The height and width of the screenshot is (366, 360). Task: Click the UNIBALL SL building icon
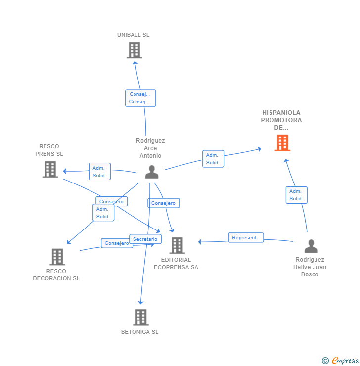[134, 50]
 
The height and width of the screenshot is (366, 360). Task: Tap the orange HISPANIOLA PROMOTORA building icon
[282, 142]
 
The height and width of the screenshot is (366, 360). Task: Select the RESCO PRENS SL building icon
[50, 169]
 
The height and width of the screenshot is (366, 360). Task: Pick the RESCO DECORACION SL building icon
[57, 257]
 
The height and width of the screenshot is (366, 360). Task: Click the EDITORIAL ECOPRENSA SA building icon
[177, 245]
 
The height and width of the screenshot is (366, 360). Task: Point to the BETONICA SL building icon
[141, 317]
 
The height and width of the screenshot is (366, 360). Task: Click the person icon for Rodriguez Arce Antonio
[152, 172]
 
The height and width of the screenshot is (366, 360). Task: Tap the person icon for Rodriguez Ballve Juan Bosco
[311, 246]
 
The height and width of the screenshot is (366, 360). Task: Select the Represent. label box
[246, 237]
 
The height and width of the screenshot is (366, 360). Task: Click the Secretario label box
[145, 239]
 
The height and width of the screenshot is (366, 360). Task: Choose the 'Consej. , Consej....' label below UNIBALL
[140, 98]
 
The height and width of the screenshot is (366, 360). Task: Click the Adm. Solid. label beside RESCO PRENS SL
[99, 172]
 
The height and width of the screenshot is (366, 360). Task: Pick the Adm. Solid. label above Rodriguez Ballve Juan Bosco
[296, 195]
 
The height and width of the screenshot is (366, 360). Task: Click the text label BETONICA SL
[140, 332]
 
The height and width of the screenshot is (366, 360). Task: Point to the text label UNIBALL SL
[133, 35]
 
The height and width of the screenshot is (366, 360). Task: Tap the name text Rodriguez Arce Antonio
[150, 148]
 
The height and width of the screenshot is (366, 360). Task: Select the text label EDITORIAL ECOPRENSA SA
[176, 264]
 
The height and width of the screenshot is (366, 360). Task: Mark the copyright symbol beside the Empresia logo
[325, 361]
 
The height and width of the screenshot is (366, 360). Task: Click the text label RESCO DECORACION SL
[56, 275]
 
